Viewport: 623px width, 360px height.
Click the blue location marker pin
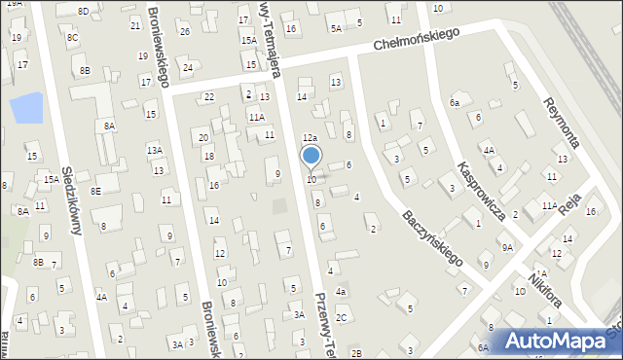pyautogui.click(x=311, y=156)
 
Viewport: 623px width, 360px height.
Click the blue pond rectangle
pyautogui.click(x=26, y=107)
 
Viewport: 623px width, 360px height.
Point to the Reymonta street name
pyautogui.click(x=563, y=123)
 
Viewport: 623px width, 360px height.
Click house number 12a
pyautogui.click(x=309, y=139)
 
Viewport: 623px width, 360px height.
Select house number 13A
pyautogui.click(x=154, y=150)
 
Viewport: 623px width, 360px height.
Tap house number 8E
pyautogui.click(x=95, y=191)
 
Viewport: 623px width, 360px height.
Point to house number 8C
pyautogui.click(x=72, y=37)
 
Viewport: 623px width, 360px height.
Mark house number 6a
pyautogui.click(x=454, y=101)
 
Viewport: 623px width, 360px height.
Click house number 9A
pyautogui.click(x=507, y=247)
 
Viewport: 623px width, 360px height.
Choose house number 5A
pyautogui.click(x=336, y=28)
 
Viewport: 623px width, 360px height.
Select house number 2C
pyautogui.click(x=341, y=317)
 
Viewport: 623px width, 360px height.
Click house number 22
pyautogui.click(x=208, y=96)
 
